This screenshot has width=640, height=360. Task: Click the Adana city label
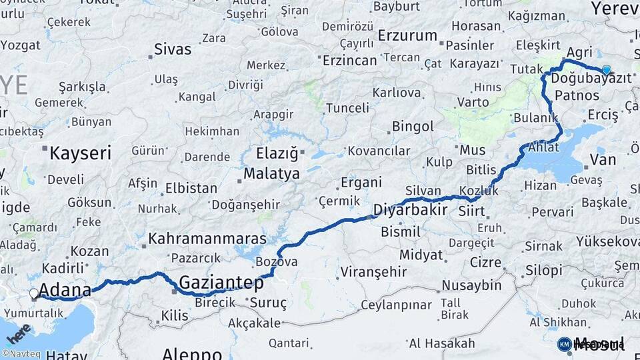[65, 290]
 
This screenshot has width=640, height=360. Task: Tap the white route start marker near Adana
[34, 293]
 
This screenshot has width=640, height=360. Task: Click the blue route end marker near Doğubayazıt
[606, 69]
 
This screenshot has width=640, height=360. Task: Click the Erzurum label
[407, 35]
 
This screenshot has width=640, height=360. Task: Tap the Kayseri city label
[80, 153]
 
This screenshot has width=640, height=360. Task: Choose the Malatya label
[271, 174]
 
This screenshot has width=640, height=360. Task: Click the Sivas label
[172, 49]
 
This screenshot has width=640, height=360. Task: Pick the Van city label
[607, 159]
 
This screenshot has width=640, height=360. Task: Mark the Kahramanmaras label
[207, 239]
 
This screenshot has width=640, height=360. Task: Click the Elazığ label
[279, 153]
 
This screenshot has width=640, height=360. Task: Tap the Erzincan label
[349, 60]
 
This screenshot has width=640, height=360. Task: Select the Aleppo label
[192, 353]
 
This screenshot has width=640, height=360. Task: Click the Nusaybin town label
[472, 285]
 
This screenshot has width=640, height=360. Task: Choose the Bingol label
[413, 126]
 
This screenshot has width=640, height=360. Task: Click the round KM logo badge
[564, 343]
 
